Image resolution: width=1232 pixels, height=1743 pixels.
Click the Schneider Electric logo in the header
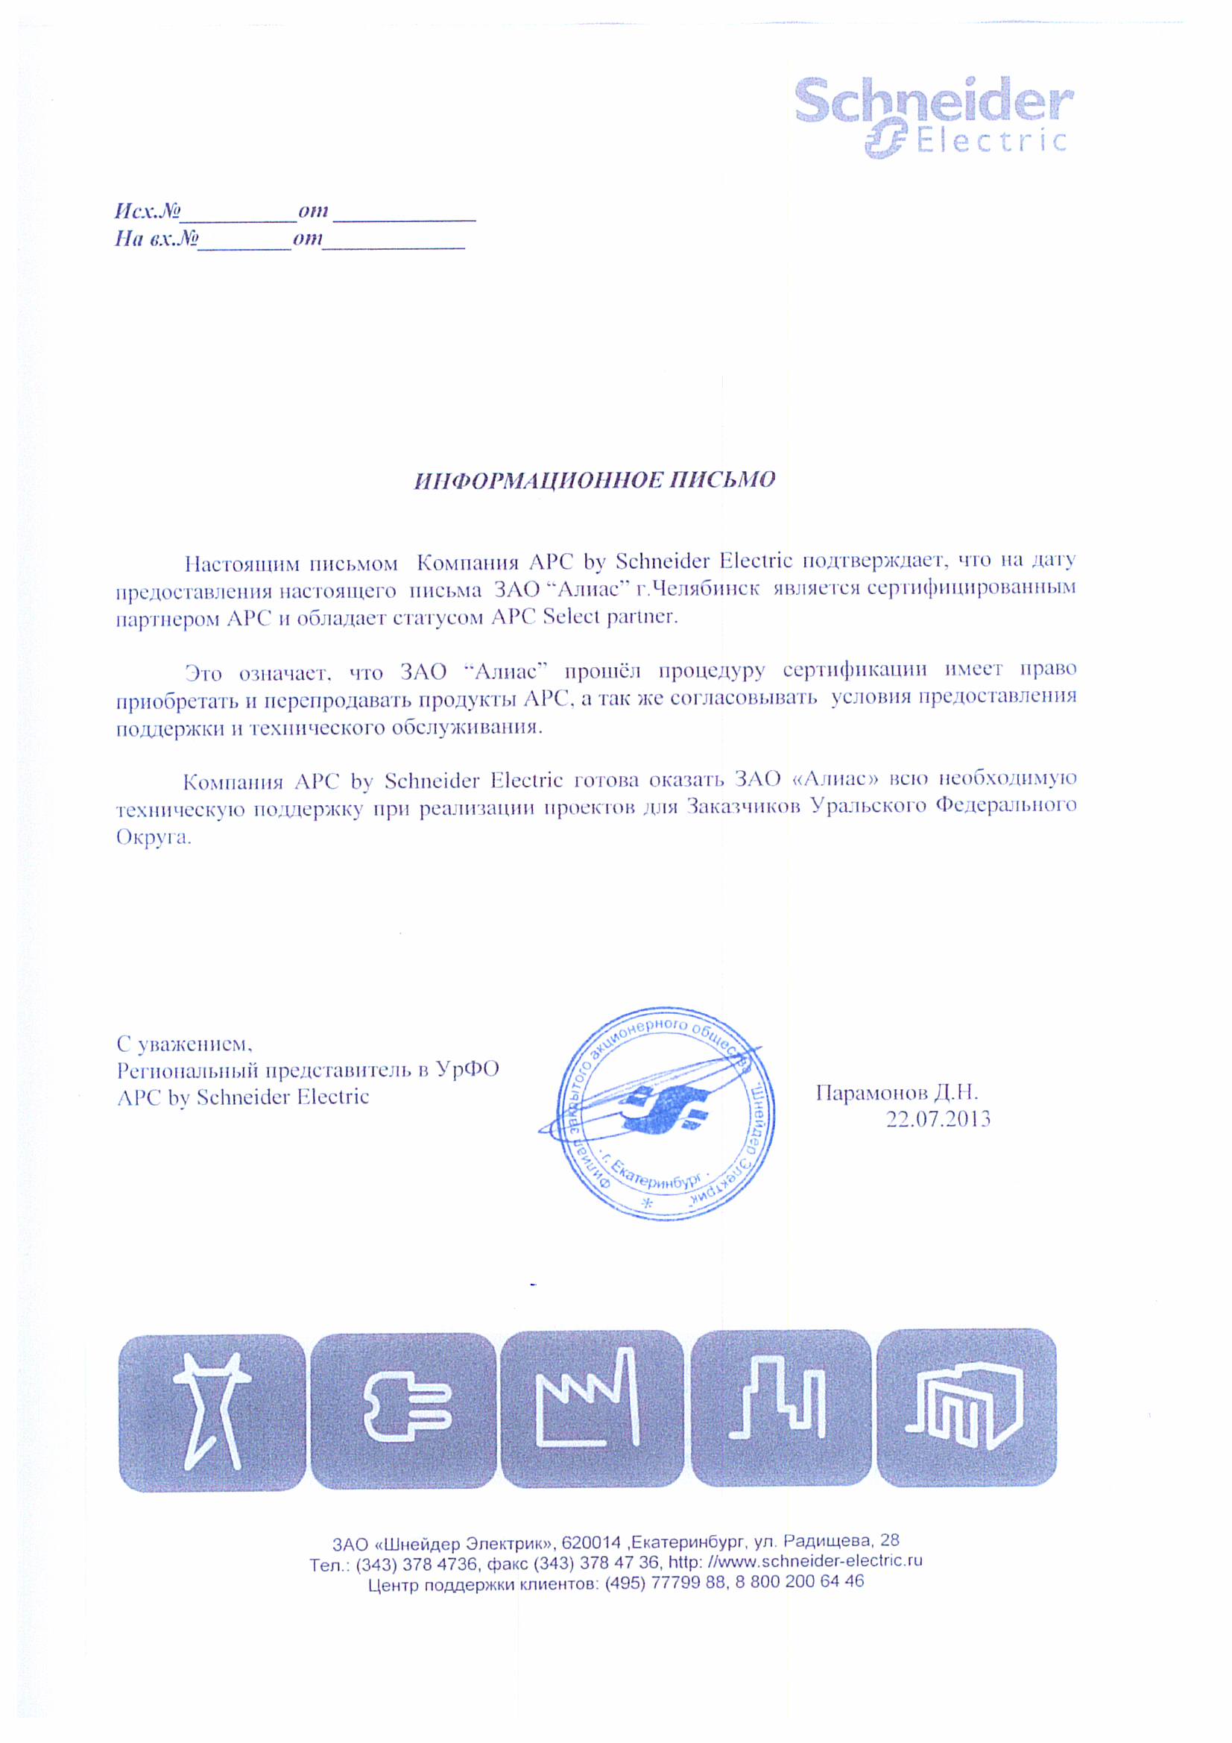(933, 118)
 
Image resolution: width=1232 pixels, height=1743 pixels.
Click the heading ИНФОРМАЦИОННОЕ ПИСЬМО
(594, 481)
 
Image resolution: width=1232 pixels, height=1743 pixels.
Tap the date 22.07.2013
(938, 1120)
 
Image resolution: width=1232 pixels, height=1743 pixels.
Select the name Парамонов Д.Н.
(897, 1092)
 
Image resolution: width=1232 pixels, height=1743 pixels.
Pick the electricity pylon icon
(212, 1411)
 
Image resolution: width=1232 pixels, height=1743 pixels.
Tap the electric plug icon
(403, 1411)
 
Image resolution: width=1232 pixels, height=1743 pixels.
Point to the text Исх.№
(148, 210)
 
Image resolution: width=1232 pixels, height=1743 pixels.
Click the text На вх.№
(157, 239)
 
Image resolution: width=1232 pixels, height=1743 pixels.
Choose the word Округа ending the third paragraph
(153, 837)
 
